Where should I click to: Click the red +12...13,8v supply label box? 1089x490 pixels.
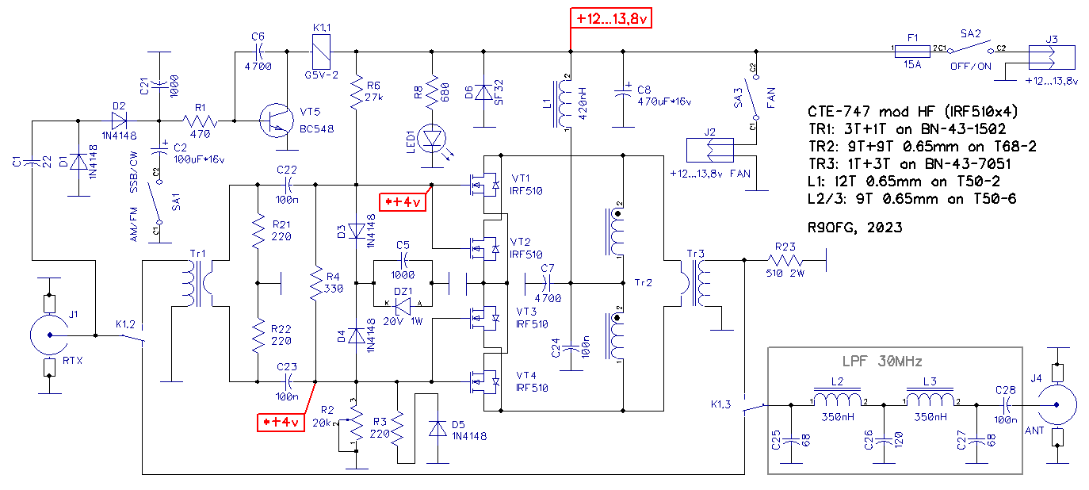pos(610,18)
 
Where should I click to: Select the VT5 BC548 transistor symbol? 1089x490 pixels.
pos(277,121)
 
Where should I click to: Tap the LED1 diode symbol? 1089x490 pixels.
pos(432,139)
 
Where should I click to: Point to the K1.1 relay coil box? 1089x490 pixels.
pos(321,52)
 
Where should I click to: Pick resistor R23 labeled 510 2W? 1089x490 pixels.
pos(785,260)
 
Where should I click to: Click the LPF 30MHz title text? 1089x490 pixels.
pos(882,362)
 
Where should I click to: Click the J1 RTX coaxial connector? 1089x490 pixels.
pos(49,335)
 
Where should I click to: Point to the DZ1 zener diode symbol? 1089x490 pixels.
pos(403,306)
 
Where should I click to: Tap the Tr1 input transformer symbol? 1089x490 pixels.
pos(198,283)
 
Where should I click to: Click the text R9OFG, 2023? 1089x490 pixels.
pos(854,228)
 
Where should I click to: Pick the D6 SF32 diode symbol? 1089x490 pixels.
pos(483,92)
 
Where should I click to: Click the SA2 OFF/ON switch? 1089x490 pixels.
pos(970,48)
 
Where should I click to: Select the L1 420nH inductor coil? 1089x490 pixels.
pos(564,103)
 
